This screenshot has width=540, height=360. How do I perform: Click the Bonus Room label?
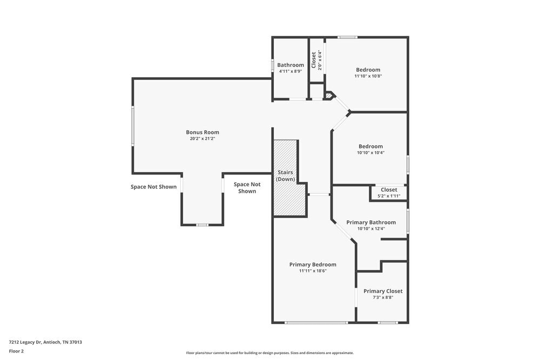[202, 132]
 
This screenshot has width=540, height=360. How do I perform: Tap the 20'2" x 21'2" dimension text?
[202, 139]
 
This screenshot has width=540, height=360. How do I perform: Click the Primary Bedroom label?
[313, 264]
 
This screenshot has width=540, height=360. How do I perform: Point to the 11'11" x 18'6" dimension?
[313, 271]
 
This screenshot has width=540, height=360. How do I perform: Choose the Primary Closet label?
[383, 291]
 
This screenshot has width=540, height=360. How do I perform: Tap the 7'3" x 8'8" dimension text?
[383, 297]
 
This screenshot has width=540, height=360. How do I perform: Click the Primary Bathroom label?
[371, 222]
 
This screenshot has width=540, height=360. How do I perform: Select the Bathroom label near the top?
[291, 65]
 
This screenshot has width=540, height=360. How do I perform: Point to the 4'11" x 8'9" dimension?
[290, 71]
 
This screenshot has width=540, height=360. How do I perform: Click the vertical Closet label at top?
[314, 59]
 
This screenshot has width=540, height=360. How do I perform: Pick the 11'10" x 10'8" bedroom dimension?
[368, 76]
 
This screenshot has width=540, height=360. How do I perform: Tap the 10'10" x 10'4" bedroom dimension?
[370, 153]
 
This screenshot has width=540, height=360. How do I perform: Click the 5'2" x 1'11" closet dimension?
[389, 196]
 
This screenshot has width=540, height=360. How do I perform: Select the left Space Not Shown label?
[153, 187]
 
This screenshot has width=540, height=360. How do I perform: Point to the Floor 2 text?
[16, 351]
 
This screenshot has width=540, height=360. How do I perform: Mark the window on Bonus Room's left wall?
[132, 125]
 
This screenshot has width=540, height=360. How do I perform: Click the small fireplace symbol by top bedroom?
[328, 96]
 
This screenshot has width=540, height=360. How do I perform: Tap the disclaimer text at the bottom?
[270, 352]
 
